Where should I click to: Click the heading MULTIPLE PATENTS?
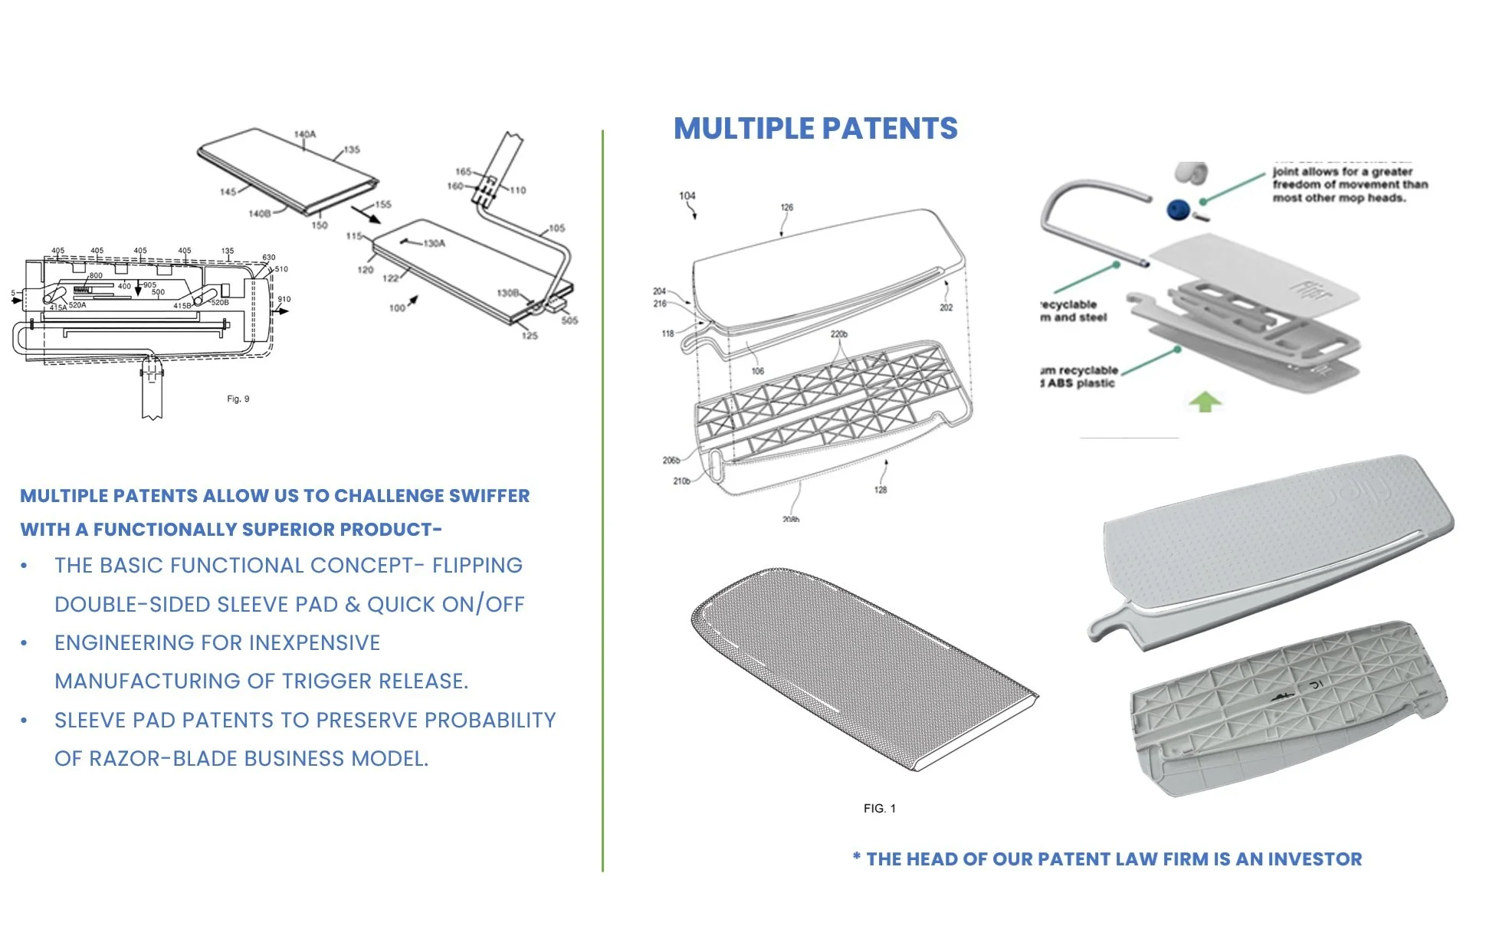(815, 129)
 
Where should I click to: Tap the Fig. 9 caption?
(238, 399)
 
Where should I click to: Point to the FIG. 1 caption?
(879, 808)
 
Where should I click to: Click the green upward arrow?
(1205, 401)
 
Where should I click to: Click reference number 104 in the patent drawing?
(687, 196)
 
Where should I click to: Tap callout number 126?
(787, 208)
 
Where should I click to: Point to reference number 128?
(881, 490)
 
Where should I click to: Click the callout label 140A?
(304, 134)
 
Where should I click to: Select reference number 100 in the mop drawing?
(397, 308)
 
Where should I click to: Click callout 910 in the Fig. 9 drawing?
(284, 299)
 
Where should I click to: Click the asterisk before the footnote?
(856, 857)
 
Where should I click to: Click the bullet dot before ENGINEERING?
(25, 643)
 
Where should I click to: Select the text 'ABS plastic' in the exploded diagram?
(1081, 383)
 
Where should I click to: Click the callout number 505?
(569, 320)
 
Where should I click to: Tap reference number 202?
(946, 307)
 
